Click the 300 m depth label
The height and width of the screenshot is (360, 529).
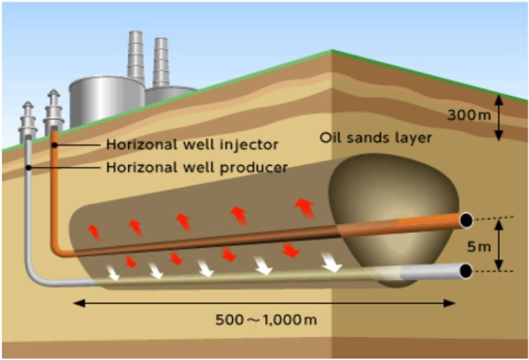[x=469, y=115]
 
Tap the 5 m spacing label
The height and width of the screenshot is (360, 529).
[x=479, y=247]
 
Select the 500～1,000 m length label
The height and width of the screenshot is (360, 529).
[x=266, y=320]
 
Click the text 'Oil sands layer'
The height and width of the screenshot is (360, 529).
[x=376, y=137]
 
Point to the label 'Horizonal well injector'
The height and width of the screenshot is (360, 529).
[x=192, y=145]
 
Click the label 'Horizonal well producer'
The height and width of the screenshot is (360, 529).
[x=197, y=167]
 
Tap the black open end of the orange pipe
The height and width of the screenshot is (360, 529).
[x=466, y=220]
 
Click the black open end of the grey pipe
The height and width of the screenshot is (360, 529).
[x=466, y=271]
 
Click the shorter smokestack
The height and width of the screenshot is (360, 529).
[x=161, y=63]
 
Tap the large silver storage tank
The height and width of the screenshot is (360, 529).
[x=107, y=101]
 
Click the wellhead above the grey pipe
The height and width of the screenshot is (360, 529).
[x=28, y=121]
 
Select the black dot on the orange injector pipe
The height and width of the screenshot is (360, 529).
[x=54, y=145]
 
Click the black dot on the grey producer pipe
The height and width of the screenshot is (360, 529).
[x=29, y=167]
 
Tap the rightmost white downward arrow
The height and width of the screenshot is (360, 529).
[x=332, y=262]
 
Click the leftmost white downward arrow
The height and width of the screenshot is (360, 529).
[x=113, y=273]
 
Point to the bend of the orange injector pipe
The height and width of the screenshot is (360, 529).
[x=56, y=251]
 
